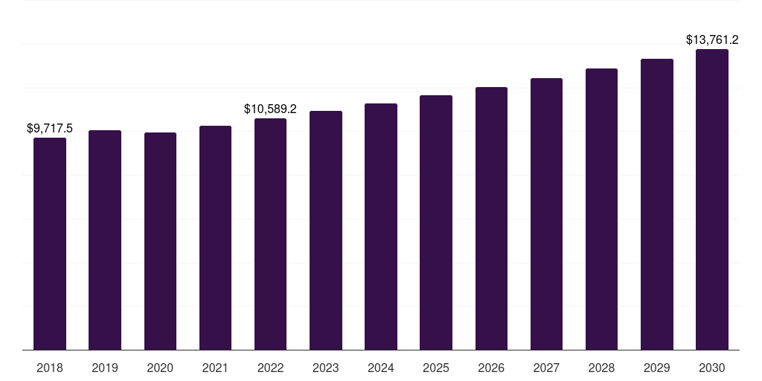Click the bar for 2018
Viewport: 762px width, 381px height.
[x=50, y=243]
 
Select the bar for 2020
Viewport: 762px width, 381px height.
[x=160, y=241]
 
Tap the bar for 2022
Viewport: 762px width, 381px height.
[x=270, y=234]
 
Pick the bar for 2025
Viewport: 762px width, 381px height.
[x=436, y=222]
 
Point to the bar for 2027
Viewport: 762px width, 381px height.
[x=546, y=214]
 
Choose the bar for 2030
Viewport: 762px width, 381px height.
[x=712, y=199]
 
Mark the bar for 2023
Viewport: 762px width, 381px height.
[x=326, y=230]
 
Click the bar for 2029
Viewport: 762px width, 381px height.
[x=657, y=204]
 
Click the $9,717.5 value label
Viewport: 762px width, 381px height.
[x=50, y=129]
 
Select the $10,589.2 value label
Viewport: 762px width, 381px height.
[x=270, y=109]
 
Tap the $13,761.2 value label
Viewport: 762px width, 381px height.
[x=712, y=40]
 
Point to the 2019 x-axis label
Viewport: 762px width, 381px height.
[x=105, y=368]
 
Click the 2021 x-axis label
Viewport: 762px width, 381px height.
[x=215, y=368]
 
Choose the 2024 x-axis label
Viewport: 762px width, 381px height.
[x=381, y=368]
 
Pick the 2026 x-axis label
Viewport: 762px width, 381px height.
[x=491, y=368]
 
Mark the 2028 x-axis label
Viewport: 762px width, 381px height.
[x=601, y=368]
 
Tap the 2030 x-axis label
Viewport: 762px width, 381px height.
[x=712, y=368]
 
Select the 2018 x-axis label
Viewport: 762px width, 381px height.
[x=50, y=368]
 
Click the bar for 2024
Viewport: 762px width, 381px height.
[x=381, y=226]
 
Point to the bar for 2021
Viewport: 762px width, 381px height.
[x=215, y=237]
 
